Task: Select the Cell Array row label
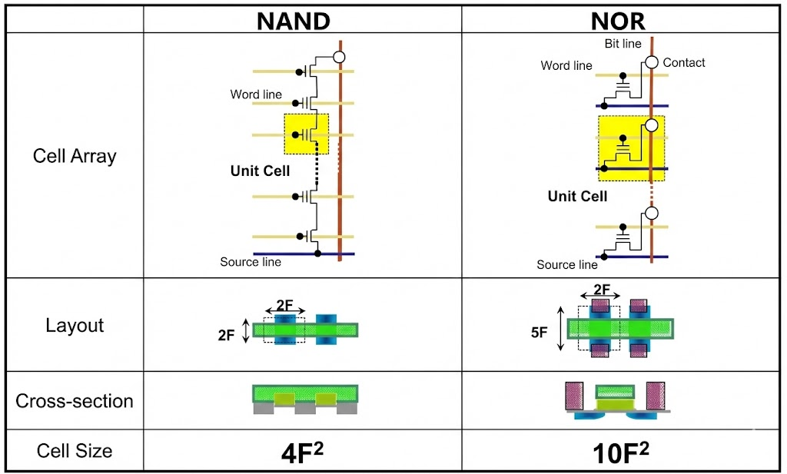75,156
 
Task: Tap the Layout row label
75,325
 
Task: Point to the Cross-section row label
75,401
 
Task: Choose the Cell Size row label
75,450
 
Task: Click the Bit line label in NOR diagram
623,45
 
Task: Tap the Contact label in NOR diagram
683,62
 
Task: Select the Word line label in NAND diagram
256,94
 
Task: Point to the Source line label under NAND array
251,262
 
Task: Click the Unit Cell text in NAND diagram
260,171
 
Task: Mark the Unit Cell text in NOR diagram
577,196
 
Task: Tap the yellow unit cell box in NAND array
306,134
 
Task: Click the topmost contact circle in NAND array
339,57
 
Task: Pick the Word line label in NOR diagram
566,65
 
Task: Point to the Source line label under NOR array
567,264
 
